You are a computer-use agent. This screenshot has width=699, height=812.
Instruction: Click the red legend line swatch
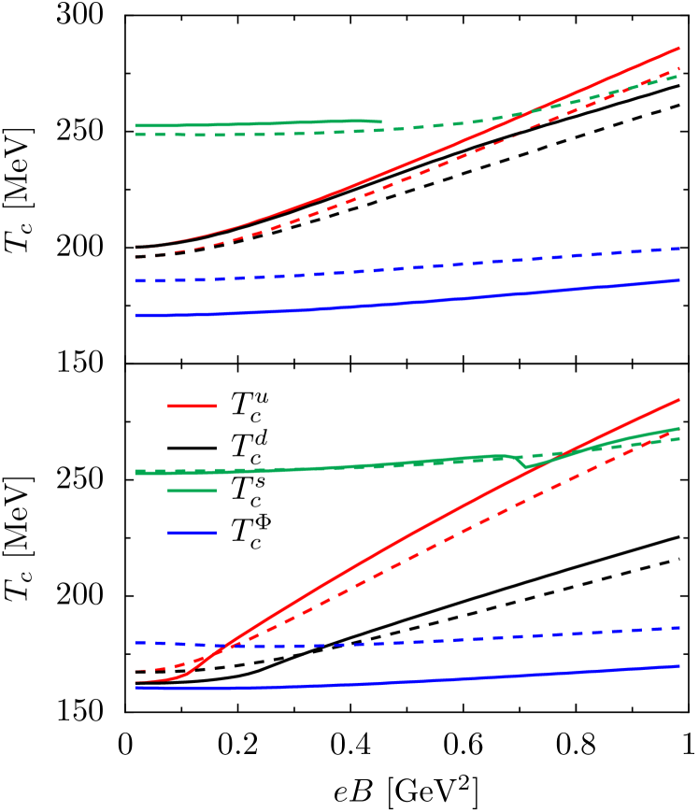192,406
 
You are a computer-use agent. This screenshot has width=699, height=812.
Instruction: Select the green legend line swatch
192,490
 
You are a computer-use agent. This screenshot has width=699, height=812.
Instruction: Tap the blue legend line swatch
192,533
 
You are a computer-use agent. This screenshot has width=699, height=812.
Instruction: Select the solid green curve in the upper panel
262,123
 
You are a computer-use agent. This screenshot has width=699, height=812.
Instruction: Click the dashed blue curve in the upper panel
374,270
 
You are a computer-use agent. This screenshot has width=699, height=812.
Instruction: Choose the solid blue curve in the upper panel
374,305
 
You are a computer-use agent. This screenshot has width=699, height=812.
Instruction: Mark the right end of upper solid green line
379,121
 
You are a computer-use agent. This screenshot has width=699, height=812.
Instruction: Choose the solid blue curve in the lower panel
374,683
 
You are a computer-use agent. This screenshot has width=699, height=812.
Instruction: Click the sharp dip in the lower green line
526,465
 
